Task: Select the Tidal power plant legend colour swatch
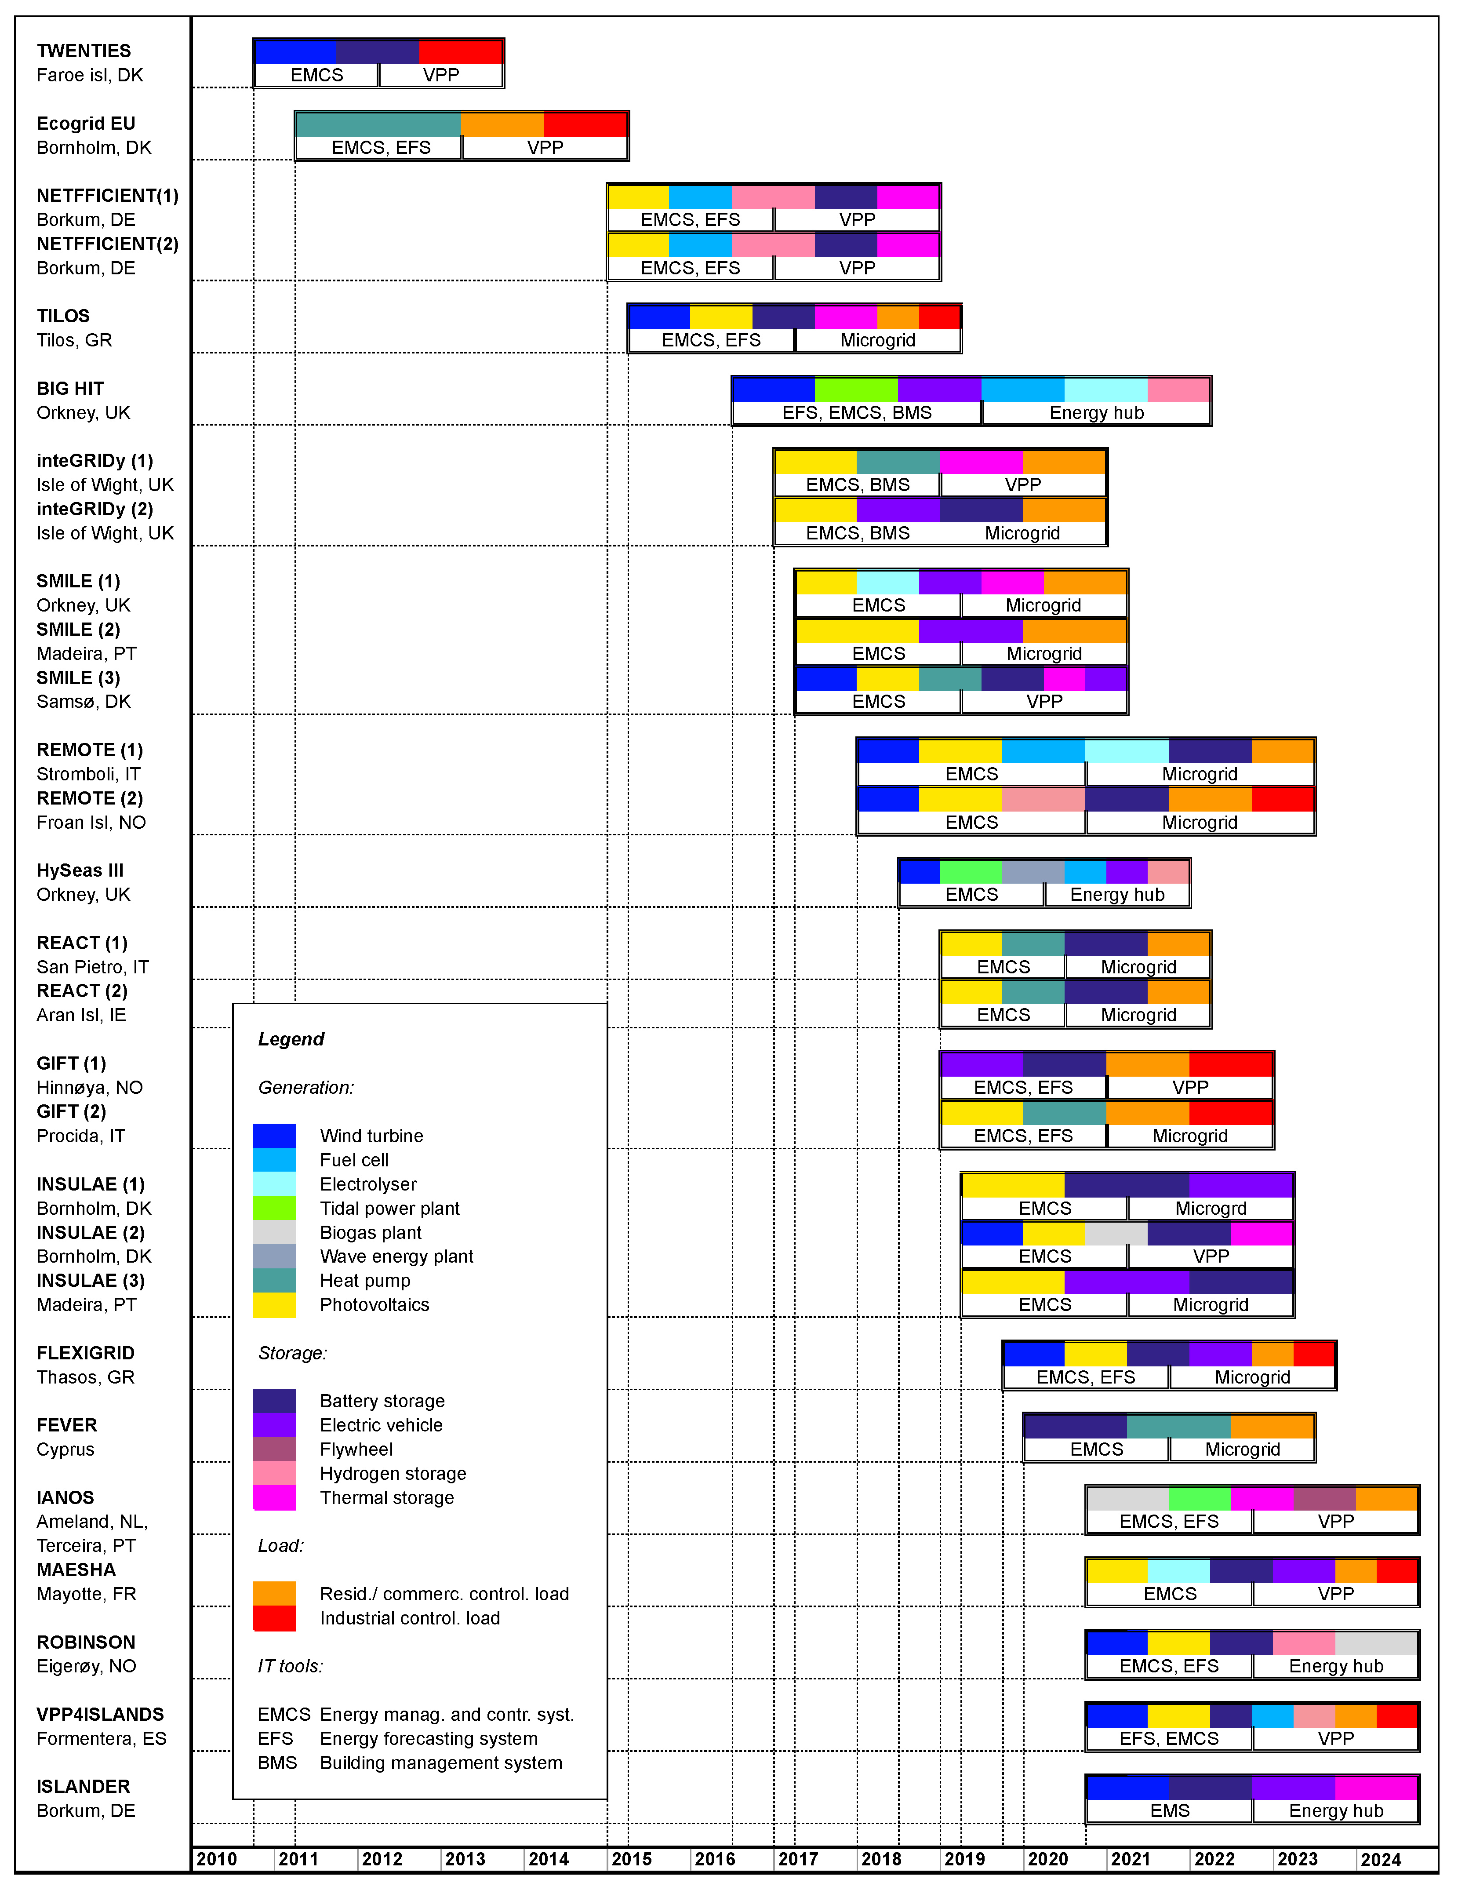274,1207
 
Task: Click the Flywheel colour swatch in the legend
274,1449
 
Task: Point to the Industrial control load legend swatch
274,1617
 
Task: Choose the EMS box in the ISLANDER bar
1169,1810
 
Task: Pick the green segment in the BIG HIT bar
856,390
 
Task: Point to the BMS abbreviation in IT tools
277,1763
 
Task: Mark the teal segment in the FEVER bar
1178,1425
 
